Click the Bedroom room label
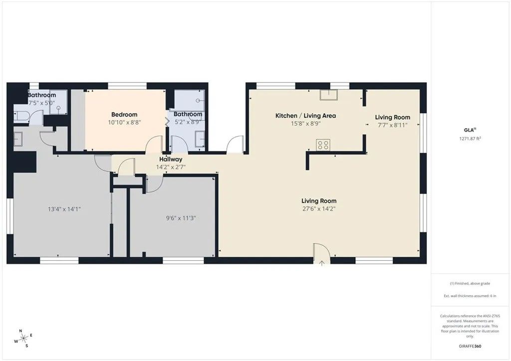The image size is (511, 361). tap(124, 115)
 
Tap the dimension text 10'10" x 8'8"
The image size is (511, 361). tap(124, 122)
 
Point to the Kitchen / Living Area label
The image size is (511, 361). tap(305, 116)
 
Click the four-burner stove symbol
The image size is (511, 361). tap(322, 145)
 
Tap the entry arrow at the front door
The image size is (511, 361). tap(322, 262)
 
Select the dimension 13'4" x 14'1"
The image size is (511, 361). tap(61, 209)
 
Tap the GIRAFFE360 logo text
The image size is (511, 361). tap(471, 346)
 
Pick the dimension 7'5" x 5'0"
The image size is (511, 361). tap(41, 103)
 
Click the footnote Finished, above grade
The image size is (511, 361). tap(471, 283)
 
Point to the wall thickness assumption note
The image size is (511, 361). tap(471, 295)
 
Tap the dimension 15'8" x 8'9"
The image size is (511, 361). tap(305, 123)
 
